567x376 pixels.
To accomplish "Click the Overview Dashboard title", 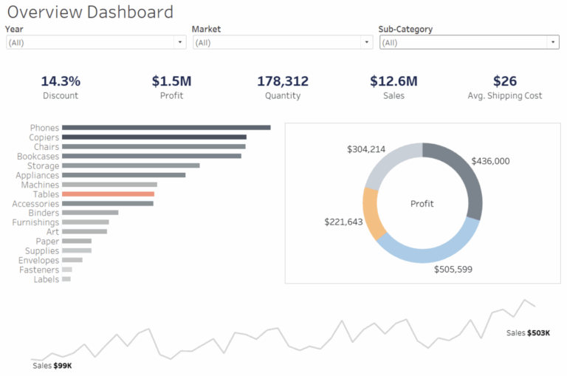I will [89, 12].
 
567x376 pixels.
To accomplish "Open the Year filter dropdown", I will [95, 43].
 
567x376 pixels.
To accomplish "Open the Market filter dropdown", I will [282, 43].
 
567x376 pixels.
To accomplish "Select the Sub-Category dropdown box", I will [469, 43].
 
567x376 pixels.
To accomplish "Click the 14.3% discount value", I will [61, 81].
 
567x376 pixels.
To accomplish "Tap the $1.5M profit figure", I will [171, 81].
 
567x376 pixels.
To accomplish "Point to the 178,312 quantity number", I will [283, 81].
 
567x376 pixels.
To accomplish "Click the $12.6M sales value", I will [394, 81].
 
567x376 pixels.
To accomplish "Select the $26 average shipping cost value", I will [505, 81].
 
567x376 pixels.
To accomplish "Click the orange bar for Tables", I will [108, 194].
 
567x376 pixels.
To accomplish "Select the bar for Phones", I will [166, 128].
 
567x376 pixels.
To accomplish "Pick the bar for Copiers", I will [154, 137].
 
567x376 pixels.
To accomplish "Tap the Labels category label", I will [46, 279].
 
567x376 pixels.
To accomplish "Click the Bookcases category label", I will [38, 157].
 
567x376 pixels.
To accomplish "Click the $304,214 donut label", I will [366, 149].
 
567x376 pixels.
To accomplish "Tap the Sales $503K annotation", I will [528, 333].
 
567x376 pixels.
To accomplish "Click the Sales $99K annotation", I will [52, 366].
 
